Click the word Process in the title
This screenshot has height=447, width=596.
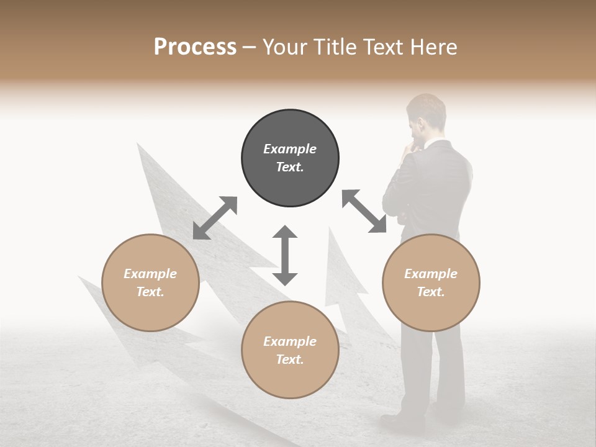click(195, 47)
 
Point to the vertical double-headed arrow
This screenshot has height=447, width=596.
click(285, 255)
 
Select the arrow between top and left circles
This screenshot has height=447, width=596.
click(215, 217)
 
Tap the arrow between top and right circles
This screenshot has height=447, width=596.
click(364, 211)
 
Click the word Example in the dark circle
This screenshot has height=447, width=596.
click(290, 149)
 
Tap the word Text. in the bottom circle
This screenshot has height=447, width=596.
click(290, 359)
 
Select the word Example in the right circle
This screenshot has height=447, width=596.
click(431, 274)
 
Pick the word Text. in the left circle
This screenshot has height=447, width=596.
click(150, 292)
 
